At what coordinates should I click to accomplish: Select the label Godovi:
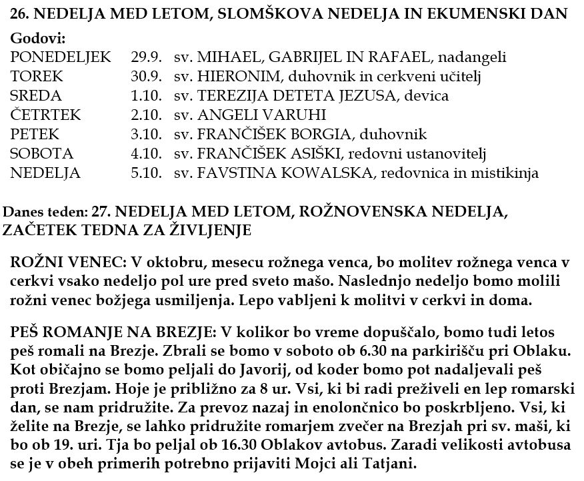[39, 39]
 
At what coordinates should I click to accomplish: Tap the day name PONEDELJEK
[61, 57]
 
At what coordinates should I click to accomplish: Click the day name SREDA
[37, 96]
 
